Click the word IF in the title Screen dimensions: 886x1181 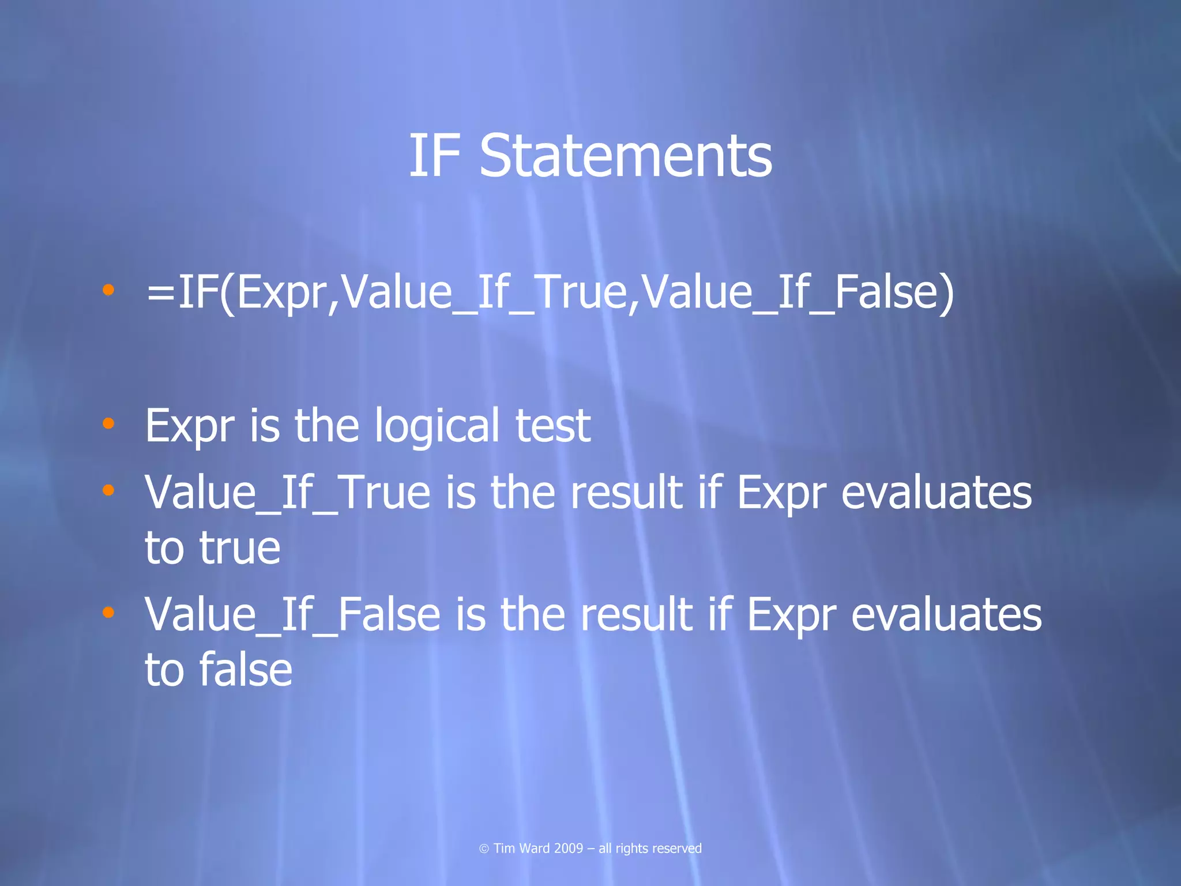tap(435, 156)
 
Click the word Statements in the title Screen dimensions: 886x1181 tap(626, 156)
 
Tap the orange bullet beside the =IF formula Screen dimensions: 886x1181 tap(108, 290)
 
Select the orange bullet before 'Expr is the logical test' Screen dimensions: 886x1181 tap(108, 424)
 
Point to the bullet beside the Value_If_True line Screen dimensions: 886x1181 tap(108, 490)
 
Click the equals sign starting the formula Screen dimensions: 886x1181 tap(161, 293)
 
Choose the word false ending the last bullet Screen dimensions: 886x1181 tap(246, 670)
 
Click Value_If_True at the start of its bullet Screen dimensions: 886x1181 tap(287, 493)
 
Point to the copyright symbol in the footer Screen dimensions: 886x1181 tap(484, 849)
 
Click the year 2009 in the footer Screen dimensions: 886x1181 tap(568, 849)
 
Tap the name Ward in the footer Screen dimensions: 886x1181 tap(535, 849)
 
